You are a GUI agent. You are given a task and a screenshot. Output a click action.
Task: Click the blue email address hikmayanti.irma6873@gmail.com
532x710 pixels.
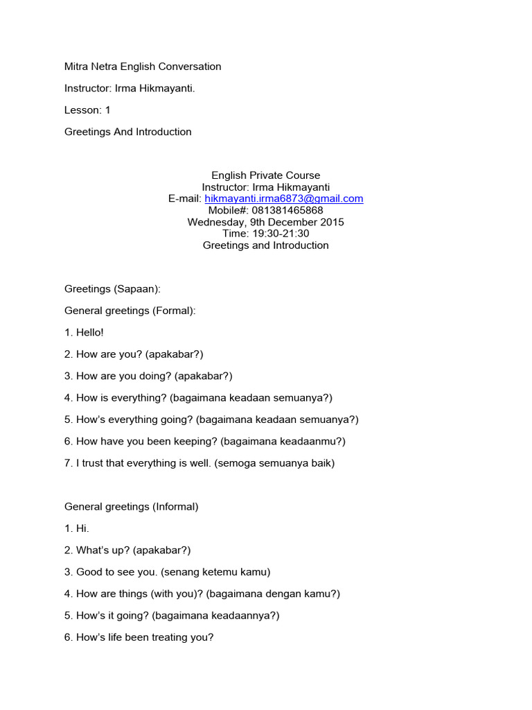point(284,198)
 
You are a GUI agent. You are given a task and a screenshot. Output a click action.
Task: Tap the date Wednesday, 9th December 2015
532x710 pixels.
point(265,222)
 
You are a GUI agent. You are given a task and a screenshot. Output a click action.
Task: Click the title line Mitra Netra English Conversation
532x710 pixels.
point(143,67)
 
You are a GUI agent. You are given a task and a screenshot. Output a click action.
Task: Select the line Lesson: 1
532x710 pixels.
point(87,110)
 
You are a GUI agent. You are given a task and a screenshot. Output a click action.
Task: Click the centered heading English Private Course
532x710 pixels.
point(265,175)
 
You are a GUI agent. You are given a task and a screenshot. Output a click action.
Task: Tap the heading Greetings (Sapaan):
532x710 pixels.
point(112,288)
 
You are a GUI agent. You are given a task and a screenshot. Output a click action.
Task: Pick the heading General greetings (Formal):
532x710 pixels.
point(130,311)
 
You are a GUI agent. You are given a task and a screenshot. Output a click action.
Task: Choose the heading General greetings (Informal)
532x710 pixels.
point(132,506)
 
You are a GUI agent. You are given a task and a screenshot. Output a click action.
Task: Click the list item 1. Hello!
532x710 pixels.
point(84,332)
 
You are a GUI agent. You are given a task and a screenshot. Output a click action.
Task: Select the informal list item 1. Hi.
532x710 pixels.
point(77,528)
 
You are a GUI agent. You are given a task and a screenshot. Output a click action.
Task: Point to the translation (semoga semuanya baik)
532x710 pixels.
point(274,462)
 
